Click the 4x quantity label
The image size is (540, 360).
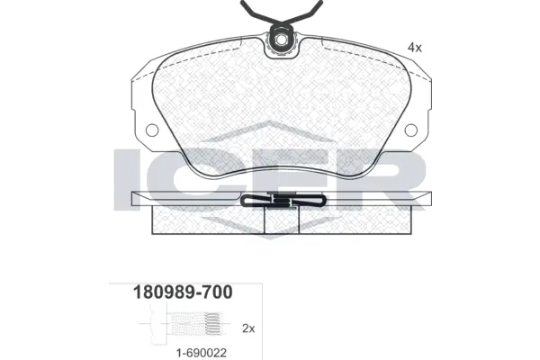[x=414, y=46]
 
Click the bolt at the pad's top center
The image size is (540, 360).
[x=283, y=39]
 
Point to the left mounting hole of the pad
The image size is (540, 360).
[x=151, y=130]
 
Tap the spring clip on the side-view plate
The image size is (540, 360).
[x=281, y=202]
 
